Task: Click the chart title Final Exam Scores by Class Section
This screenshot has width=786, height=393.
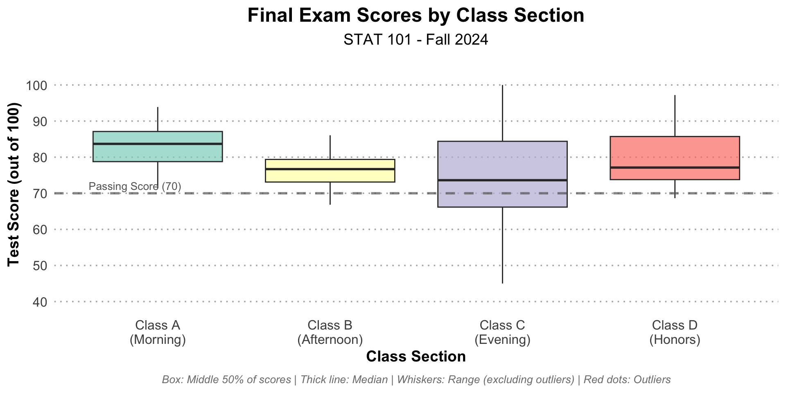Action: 416,16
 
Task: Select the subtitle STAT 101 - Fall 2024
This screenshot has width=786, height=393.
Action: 416,40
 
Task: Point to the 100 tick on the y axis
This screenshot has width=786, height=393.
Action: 37,86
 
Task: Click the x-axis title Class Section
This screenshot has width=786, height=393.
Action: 416,357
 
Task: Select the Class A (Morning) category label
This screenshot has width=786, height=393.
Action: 158,332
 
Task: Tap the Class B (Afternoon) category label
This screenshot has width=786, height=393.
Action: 330,332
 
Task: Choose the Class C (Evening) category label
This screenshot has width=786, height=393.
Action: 502,332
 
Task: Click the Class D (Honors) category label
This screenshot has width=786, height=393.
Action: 675,332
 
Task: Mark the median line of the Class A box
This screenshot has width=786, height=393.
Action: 158,144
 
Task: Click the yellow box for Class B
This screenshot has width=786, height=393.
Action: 330,170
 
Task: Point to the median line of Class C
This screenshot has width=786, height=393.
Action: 502,180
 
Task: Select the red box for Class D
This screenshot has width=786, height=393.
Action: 675,158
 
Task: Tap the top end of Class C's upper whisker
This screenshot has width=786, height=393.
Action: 502,85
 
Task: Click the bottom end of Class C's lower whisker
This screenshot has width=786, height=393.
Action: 502,283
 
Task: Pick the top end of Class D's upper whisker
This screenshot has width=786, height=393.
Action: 675,95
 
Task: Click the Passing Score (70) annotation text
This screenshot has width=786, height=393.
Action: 135,187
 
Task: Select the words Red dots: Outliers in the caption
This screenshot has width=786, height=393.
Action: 627,379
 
